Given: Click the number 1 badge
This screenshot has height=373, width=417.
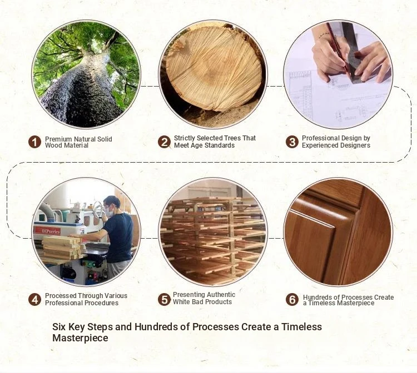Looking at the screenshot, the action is [x=34, y=142].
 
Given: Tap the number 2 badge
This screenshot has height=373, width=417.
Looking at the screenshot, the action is [x=164, y=142].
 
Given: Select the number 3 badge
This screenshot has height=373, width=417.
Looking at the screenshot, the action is [x=292, y=142].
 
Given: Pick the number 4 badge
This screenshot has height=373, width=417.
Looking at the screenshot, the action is [x=34, y=300].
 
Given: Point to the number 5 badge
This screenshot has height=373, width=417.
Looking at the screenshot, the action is [x=164, y=300].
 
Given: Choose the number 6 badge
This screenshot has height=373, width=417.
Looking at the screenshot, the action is [x=292, y=300].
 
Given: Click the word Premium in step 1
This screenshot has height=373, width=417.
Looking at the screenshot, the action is [x=58, y=139].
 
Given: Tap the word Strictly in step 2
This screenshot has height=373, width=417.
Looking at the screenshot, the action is [x=185, y=138].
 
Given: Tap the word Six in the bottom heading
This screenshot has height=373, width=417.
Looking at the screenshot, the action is [x=59, y=326].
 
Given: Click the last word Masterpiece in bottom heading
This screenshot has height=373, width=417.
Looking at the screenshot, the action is [x=80, y=338].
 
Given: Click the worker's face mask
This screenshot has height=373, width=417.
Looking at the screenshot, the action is [x=108, y=211].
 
